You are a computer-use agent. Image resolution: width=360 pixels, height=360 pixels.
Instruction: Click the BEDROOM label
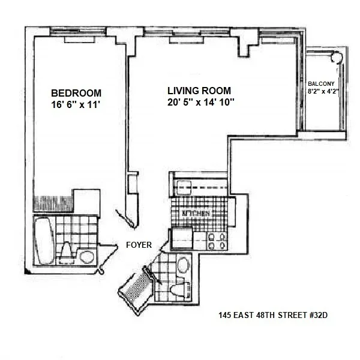coord(76,93)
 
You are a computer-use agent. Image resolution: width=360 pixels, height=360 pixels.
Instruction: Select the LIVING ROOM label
coord(199,91)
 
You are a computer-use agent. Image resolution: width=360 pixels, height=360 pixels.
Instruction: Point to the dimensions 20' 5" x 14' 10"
coord(200,102)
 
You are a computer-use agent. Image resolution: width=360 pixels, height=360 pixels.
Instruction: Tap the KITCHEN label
coord(200,214)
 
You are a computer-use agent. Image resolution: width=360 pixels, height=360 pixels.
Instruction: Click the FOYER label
coord(139,245)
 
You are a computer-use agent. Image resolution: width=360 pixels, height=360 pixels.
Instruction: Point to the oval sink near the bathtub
coord(87,257)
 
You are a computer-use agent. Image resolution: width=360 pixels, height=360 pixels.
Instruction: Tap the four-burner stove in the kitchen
coord(217,241)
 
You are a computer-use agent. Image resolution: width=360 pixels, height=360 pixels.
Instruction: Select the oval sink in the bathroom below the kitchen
coord(183,263)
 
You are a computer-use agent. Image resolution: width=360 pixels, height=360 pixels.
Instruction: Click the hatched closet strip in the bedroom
coord(52,202)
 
